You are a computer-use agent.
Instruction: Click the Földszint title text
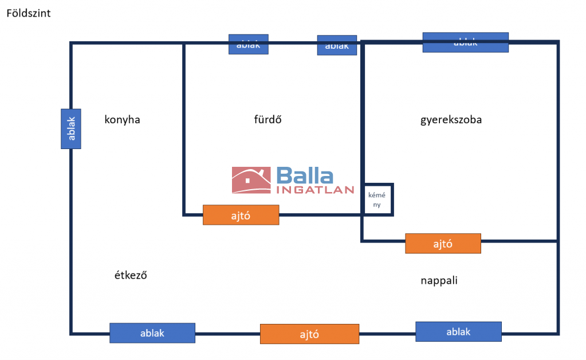point(29,13)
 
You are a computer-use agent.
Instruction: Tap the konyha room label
point(122,120)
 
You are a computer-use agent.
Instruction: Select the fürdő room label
point(268,120)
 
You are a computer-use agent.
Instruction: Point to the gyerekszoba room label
point(451,120)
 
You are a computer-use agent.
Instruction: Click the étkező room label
point(131,275)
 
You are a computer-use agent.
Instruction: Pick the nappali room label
point(439,281)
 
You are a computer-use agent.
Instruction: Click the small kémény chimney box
point(377,199)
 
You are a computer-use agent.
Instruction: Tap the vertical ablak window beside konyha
point(71,129)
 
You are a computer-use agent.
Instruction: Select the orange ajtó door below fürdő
point(241,215)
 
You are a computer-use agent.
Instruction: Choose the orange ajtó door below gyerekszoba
point(443,244)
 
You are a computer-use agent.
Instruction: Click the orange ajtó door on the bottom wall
point(309,334)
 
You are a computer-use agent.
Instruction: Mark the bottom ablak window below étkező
point(152,332)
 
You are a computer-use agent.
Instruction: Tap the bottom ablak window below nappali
point(458,331)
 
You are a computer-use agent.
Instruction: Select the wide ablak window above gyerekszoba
point(465,42)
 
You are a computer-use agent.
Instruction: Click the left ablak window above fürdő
point(249,44)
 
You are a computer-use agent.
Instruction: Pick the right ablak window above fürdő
point(337,45)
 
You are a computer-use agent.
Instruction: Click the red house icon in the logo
point(251,180)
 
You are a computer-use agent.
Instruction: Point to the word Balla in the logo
point(304,176)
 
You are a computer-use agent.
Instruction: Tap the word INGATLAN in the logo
point(315,190)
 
